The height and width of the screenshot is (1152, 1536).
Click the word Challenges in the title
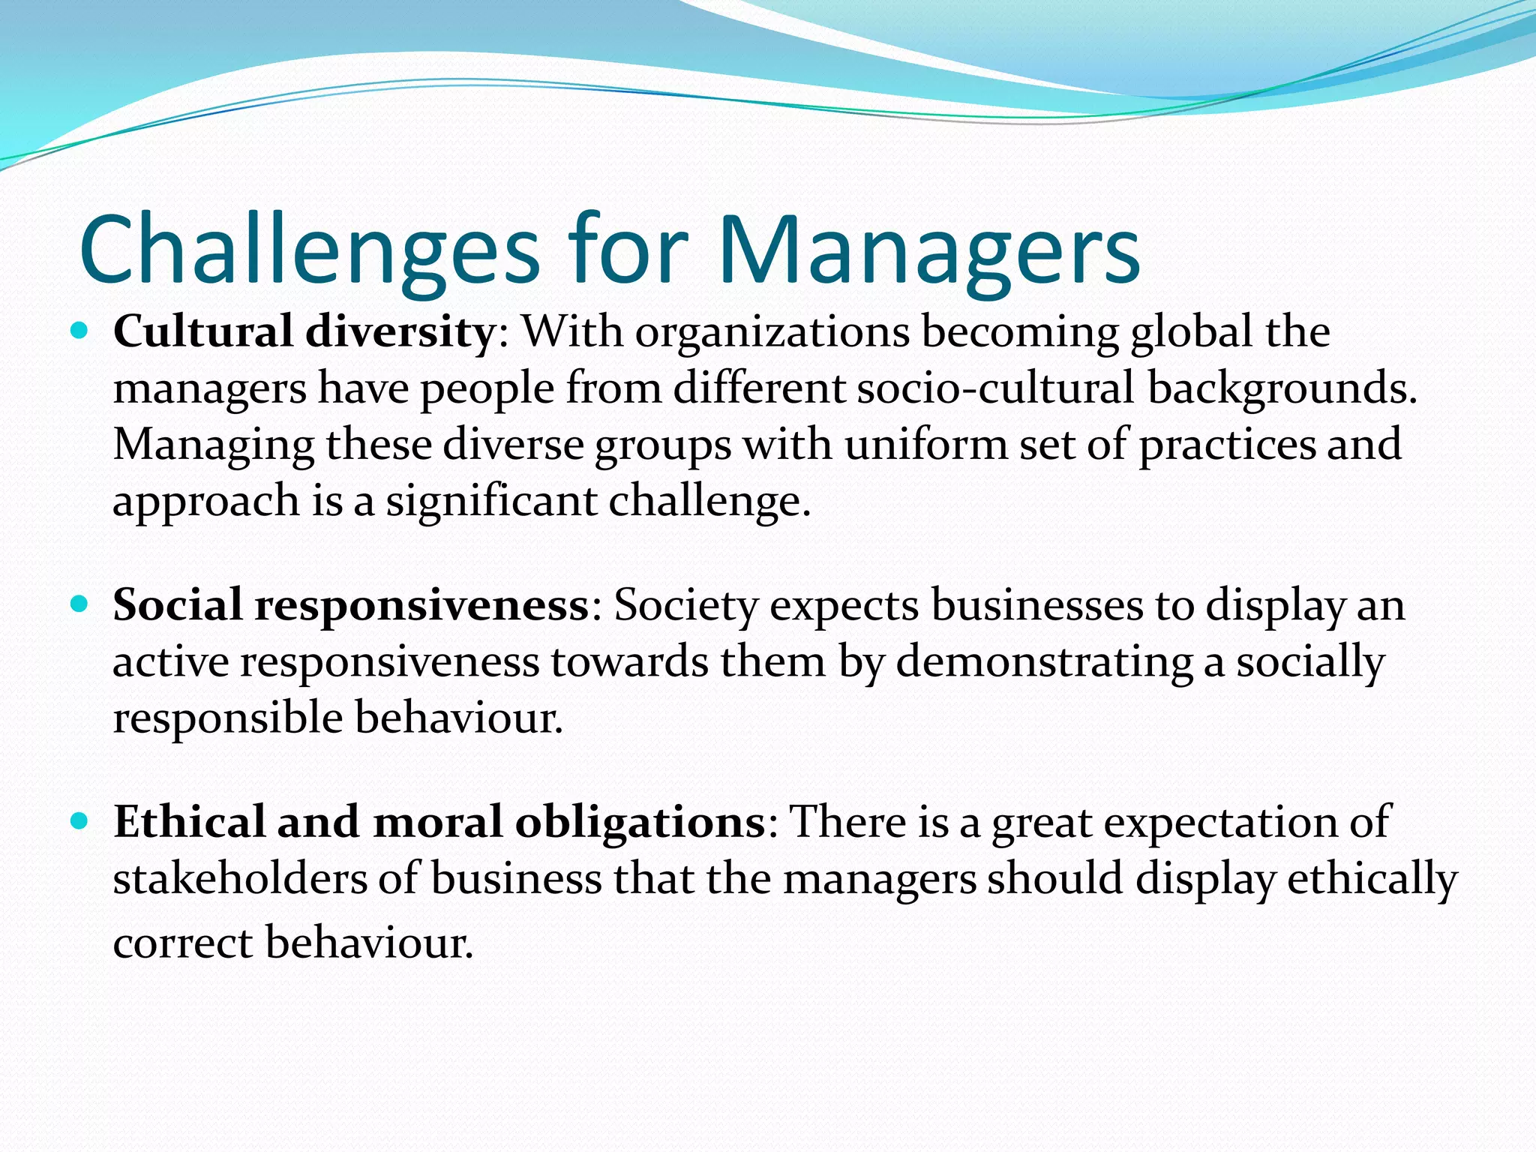(309, 251)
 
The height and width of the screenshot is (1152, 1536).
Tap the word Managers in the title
(928, 251)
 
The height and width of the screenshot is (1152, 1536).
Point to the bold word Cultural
(202, 331)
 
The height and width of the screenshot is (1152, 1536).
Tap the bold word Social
(178, 604)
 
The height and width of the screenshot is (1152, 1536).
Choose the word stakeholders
(239, 879)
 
